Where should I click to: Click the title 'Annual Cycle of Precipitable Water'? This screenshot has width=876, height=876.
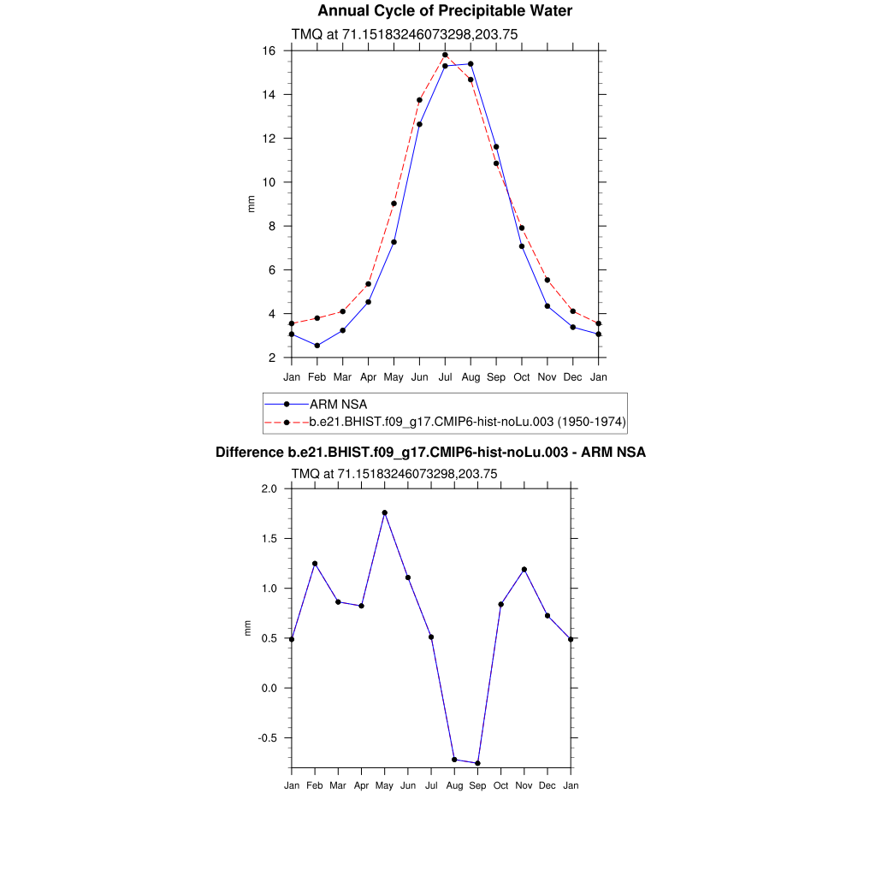[x=445, y=11]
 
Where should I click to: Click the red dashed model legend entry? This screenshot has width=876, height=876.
[x=467, y=422]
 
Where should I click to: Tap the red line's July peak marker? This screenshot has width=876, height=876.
[x=445, y=55]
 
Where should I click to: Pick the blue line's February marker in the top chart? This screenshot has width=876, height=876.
[x=317, y=346]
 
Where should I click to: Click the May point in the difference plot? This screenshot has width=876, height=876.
[x=385, y=512]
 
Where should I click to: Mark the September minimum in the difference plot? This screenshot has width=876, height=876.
[x=477, y=763]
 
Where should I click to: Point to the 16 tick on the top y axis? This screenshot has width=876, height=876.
[x=269, y=51]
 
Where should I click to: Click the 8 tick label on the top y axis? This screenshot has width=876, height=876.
[x=271, y=227]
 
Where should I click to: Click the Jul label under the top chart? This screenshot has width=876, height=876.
[x=445, y=377]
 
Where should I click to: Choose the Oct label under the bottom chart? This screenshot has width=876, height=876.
[x=500, y=785]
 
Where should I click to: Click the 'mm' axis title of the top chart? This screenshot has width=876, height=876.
[x=251, y=204]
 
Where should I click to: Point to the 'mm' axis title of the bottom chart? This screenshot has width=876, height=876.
[x=249, y=628]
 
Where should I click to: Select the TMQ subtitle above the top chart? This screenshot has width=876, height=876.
[x=405, y=34]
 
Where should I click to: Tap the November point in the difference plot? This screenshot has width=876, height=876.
[x=524, y=570]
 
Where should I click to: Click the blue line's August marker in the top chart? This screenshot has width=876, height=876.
[x=471, y=64]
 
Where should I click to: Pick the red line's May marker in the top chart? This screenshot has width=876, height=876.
[x=394, y=204]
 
